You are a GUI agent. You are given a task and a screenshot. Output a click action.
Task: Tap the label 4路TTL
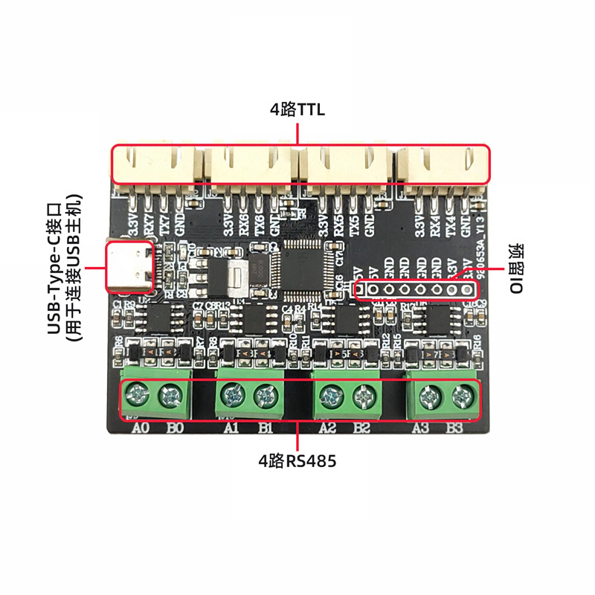[297, 111]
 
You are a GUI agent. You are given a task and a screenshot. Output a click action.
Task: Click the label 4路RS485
[297, 462]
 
